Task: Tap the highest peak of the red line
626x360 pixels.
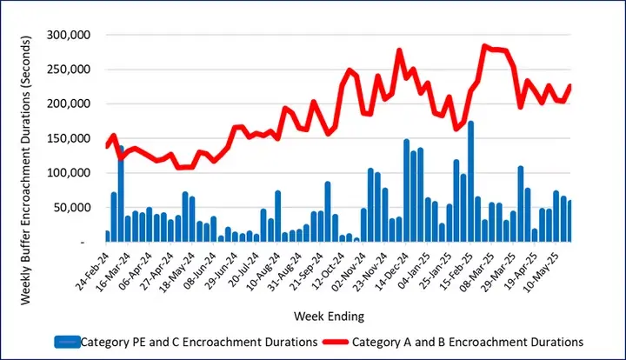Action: click(x=484, y=46)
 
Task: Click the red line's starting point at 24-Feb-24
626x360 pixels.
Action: click(x=107, y=146)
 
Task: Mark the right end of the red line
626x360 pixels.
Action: click(x=570, y=85)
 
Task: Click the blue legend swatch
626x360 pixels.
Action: click(x=67, y=341)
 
